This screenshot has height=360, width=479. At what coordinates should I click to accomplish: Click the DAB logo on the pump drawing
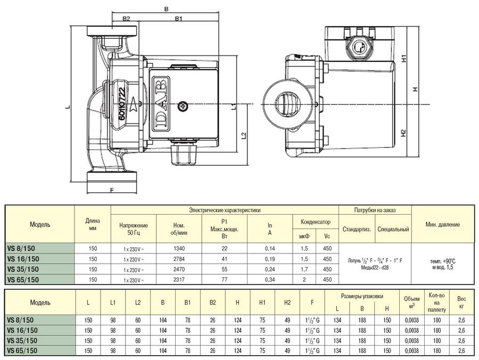[161, 104]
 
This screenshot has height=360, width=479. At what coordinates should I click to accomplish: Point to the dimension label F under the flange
[112, 190]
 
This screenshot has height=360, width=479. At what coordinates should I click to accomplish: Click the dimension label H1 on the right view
[404, 58]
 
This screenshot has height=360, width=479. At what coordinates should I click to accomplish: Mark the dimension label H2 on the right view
[404, 133]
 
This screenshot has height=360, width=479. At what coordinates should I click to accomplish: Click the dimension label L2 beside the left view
[244, 135]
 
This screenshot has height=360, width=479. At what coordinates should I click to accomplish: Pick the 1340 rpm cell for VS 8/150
[179, 249]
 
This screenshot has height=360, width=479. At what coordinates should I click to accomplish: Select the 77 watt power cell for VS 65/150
[224, 280]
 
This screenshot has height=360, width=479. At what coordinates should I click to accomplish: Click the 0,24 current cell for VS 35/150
[270, 269]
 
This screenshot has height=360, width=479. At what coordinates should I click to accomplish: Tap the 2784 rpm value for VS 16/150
[179, 259]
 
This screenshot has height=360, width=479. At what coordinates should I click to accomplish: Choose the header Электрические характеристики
[225, 210]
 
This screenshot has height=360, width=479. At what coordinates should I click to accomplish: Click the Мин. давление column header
[443, 224]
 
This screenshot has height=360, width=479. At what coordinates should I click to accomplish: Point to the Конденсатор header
[316, 222]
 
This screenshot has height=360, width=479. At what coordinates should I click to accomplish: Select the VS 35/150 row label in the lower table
[22, 340]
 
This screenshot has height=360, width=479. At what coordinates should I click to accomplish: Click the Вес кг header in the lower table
[461, 302]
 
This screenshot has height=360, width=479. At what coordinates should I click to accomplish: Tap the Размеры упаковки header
[362, 296]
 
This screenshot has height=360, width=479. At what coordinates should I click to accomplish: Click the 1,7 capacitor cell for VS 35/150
[304, 269]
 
